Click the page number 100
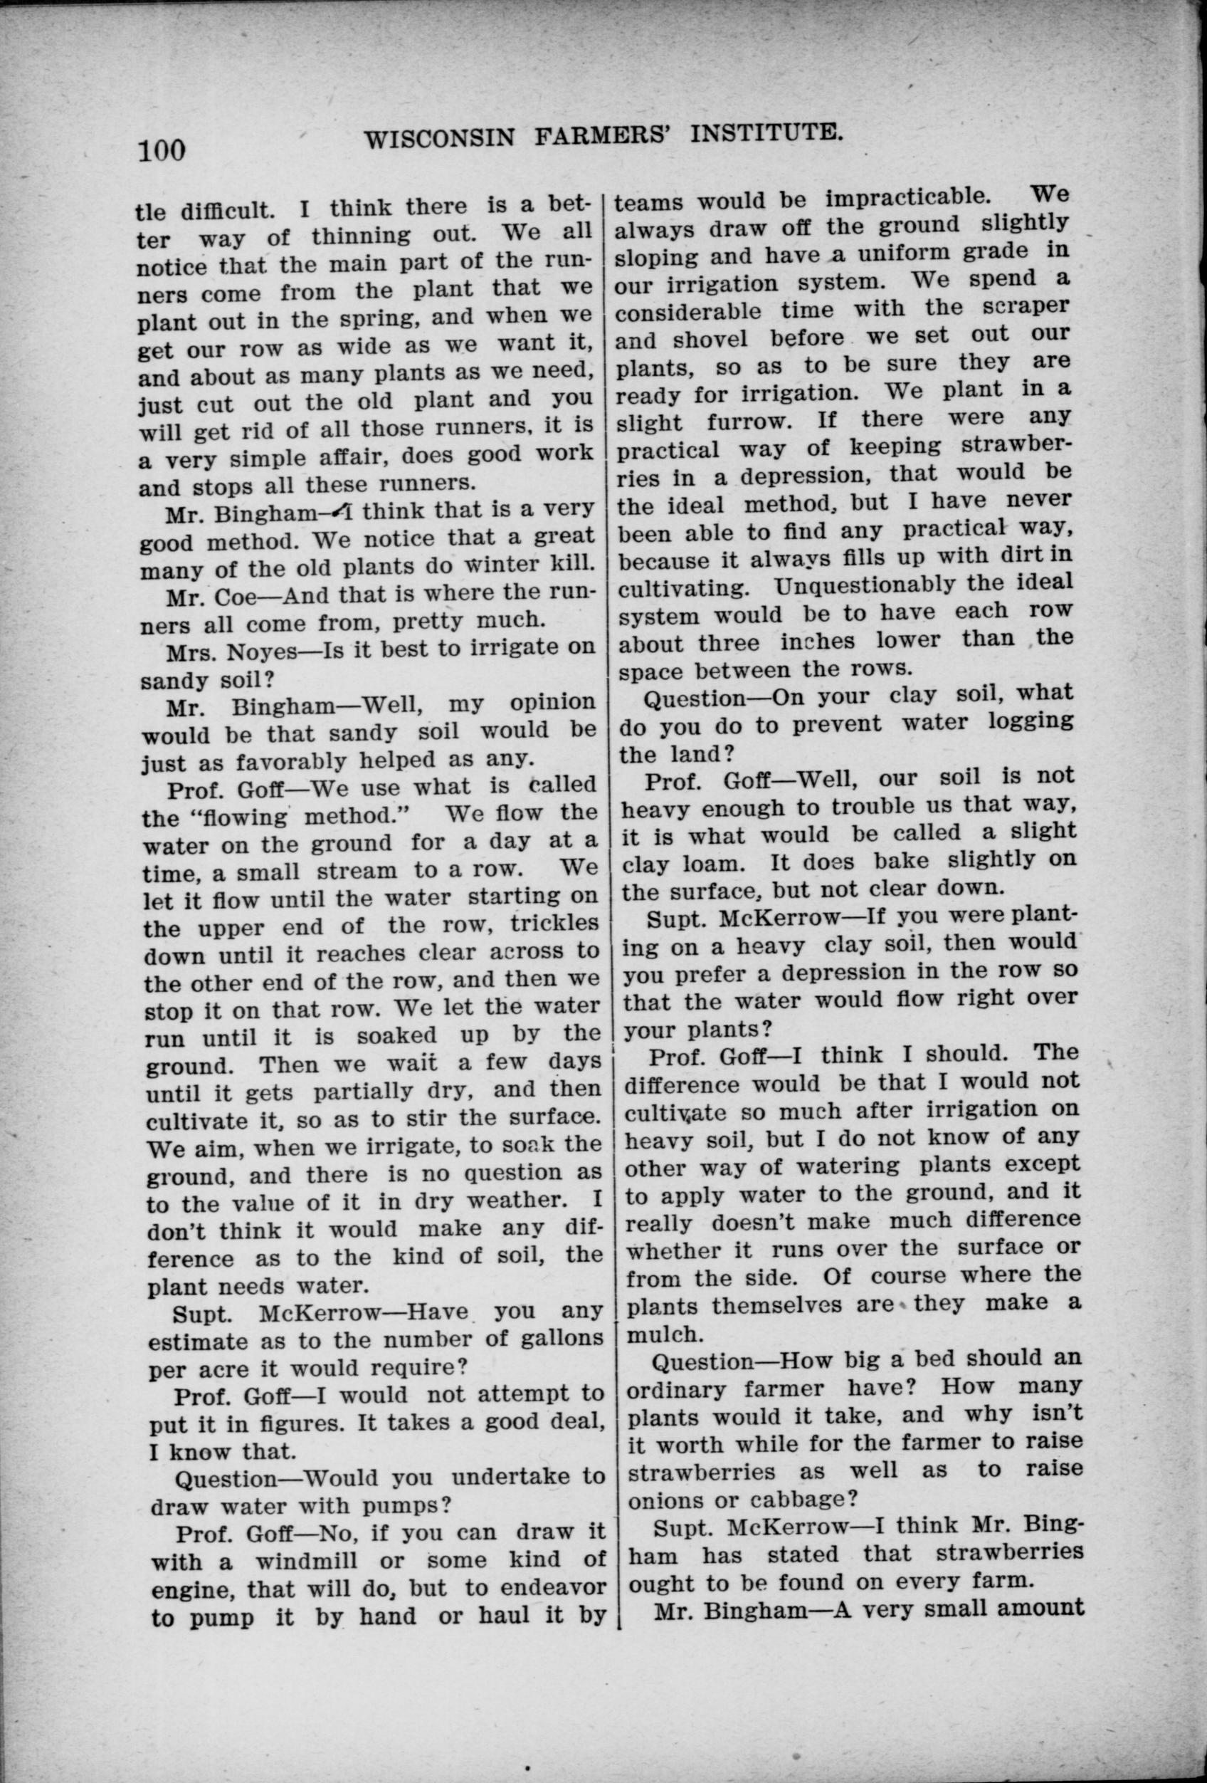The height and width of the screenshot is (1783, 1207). (x=162, y=148)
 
